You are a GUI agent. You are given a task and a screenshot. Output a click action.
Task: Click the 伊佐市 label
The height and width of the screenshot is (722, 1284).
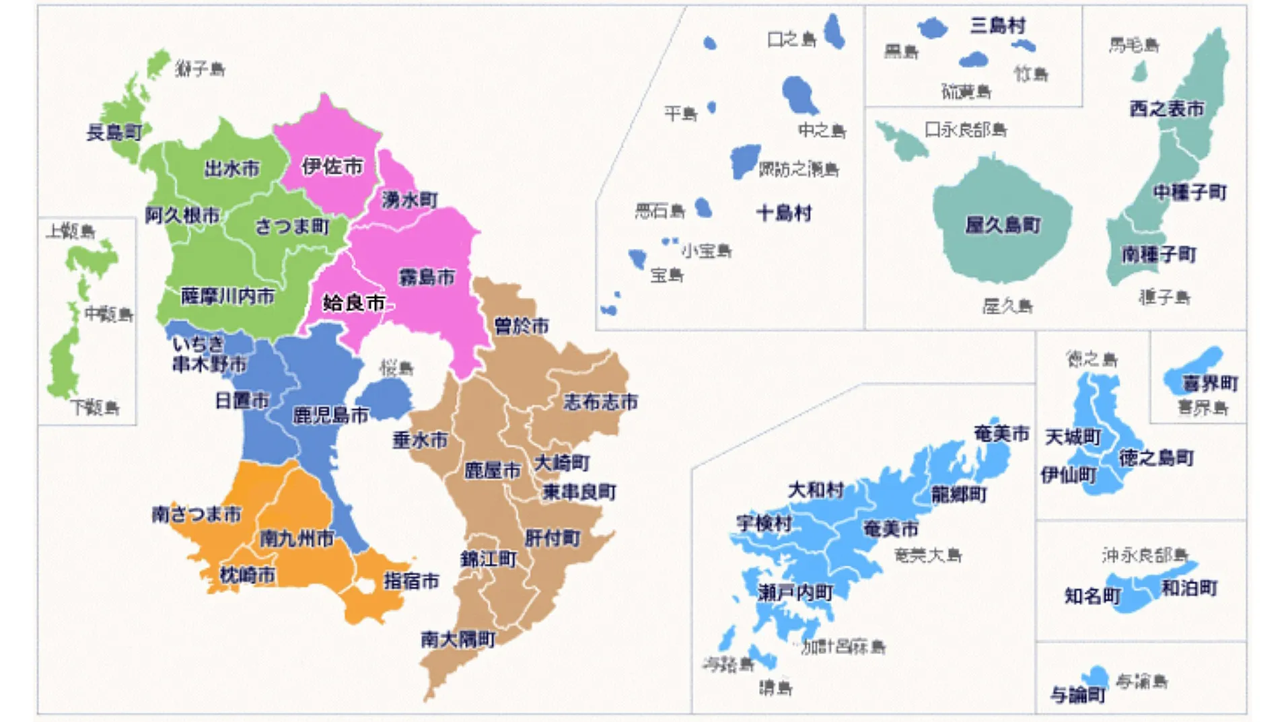click(332, 166)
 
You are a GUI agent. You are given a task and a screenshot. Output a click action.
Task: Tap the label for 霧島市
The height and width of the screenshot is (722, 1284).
click(427, 277)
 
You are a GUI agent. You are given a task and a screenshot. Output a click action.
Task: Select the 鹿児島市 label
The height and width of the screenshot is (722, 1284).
click(330, 415)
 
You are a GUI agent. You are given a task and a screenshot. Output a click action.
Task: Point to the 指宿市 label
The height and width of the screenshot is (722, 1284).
click(411, 581)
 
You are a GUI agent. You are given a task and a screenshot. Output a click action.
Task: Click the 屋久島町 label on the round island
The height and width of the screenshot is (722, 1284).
click(1003, 225)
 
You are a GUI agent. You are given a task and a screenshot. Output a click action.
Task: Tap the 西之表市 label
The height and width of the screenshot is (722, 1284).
click(1167, 108)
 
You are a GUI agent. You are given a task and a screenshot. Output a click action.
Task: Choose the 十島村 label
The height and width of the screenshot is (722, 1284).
click(784, 213)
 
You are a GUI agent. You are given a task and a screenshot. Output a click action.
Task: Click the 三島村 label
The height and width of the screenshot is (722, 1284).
click(997, 26)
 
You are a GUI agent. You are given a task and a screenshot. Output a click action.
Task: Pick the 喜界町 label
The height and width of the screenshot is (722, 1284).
click(1210, 384)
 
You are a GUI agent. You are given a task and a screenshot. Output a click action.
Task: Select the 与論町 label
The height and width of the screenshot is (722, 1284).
click(1077, 694)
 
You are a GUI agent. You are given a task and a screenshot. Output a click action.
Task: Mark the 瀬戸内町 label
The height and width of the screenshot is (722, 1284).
click(795, 593)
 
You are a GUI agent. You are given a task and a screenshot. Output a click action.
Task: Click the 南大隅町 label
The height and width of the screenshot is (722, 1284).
click(458, 639)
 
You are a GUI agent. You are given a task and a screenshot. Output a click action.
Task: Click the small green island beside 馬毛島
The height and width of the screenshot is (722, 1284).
click(1139, 71)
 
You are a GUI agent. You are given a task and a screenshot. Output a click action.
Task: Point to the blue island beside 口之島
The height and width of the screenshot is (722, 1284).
click(834, 31)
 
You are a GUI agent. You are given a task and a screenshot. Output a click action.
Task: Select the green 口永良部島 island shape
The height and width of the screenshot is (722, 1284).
click(902, 141)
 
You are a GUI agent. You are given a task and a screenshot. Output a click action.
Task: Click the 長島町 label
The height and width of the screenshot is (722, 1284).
click(114, 132)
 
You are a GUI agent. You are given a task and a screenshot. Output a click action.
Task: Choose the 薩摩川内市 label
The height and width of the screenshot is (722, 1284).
click(227, 296)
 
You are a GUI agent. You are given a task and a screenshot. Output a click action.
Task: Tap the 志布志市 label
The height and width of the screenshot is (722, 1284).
click(600, 402)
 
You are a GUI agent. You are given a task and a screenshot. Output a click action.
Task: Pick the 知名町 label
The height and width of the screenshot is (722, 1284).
click(1092, 596)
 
